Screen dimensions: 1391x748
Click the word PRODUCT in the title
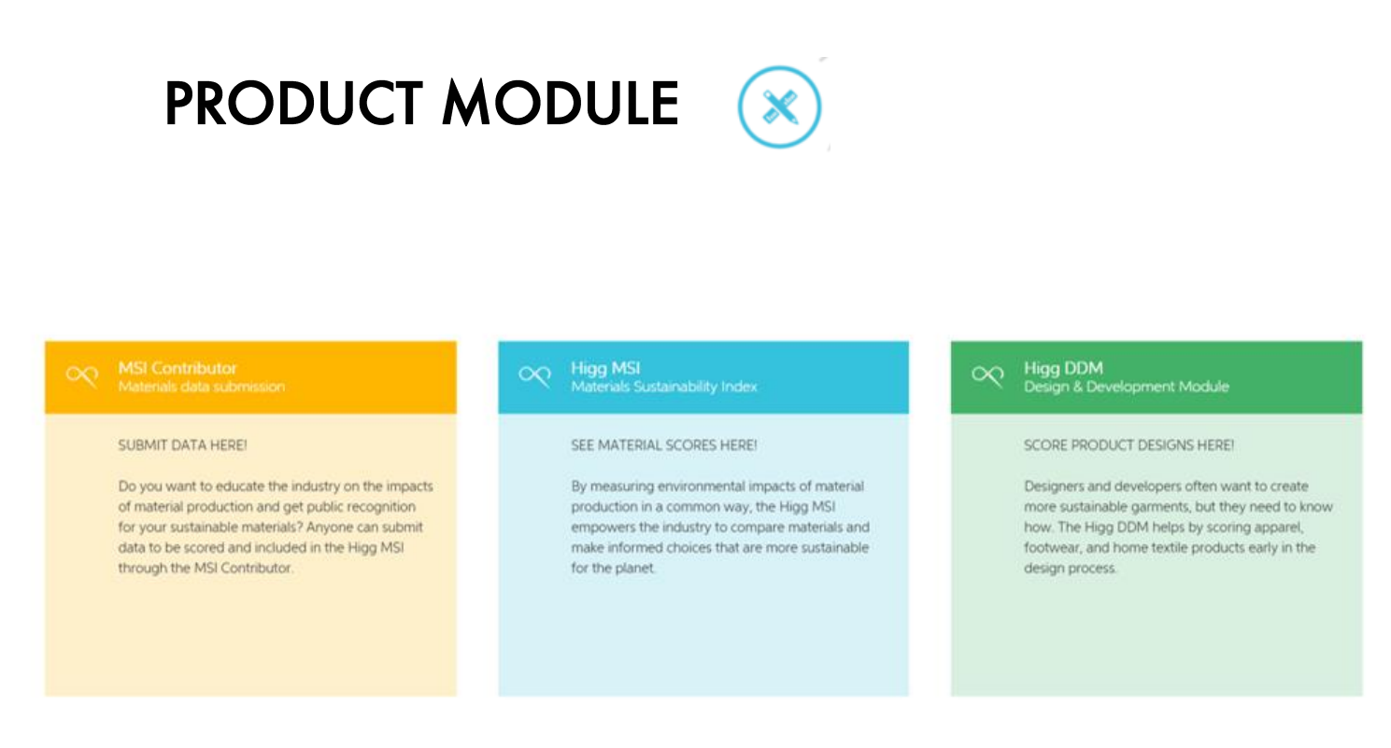[x=293, y=103]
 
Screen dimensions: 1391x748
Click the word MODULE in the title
[x=561, y=103]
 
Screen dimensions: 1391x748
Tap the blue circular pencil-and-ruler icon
[x=779, y=107]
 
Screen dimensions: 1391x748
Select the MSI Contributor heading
[x=177, y=368]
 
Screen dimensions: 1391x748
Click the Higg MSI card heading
[x=605, y=369]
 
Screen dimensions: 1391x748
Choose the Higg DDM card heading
[x=1063, y=369]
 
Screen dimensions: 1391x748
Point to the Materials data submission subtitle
[x=201, y=387]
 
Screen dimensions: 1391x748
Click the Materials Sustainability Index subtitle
[x=664, y=388]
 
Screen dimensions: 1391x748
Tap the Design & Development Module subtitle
[x=1126, y=388]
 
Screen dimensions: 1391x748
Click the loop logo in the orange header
[x=82, y=375]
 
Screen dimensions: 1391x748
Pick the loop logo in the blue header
[x=535, y=375]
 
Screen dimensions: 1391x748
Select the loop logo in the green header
[x=988, y=375]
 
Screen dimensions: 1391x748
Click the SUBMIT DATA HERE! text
[x=182, y=445]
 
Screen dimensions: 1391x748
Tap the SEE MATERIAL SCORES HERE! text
[x=664, y=445]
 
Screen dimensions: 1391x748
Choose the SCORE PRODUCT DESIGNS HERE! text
[x=1128, y=445]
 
